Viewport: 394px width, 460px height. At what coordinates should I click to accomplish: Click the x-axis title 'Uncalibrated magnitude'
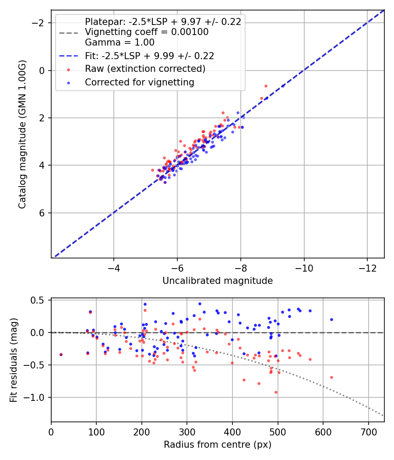[x=218, y=281]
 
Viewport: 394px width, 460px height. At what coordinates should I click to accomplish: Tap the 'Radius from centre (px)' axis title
[x=218, y=445]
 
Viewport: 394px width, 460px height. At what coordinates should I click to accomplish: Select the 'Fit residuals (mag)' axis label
[x=13, y=360]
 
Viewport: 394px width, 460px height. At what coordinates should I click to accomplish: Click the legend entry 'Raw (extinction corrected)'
[x=145, y=69]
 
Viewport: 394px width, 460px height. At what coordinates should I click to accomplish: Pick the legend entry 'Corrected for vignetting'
[x=139, y=82]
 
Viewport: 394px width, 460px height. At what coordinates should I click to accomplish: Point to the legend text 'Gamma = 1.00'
[x=120, y=42]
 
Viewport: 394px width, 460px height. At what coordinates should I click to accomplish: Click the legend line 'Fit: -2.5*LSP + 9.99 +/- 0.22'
[x=149, y=56]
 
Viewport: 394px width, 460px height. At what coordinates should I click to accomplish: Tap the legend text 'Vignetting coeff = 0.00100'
[x=147, y=32]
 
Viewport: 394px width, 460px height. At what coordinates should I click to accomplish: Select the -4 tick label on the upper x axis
[x=114, y=267]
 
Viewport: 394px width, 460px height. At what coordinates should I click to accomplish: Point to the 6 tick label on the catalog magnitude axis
[x=42, y=213]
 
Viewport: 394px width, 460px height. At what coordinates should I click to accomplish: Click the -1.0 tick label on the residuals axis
[x=36, y=397]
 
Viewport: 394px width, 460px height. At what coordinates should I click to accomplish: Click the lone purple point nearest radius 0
[x=61, y=354]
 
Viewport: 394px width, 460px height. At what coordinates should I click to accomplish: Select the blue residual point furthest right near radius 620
[x=331, y=319]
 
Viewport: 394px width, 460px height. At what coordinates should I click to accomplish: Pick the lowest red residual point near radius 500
[x=276, y=392]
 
